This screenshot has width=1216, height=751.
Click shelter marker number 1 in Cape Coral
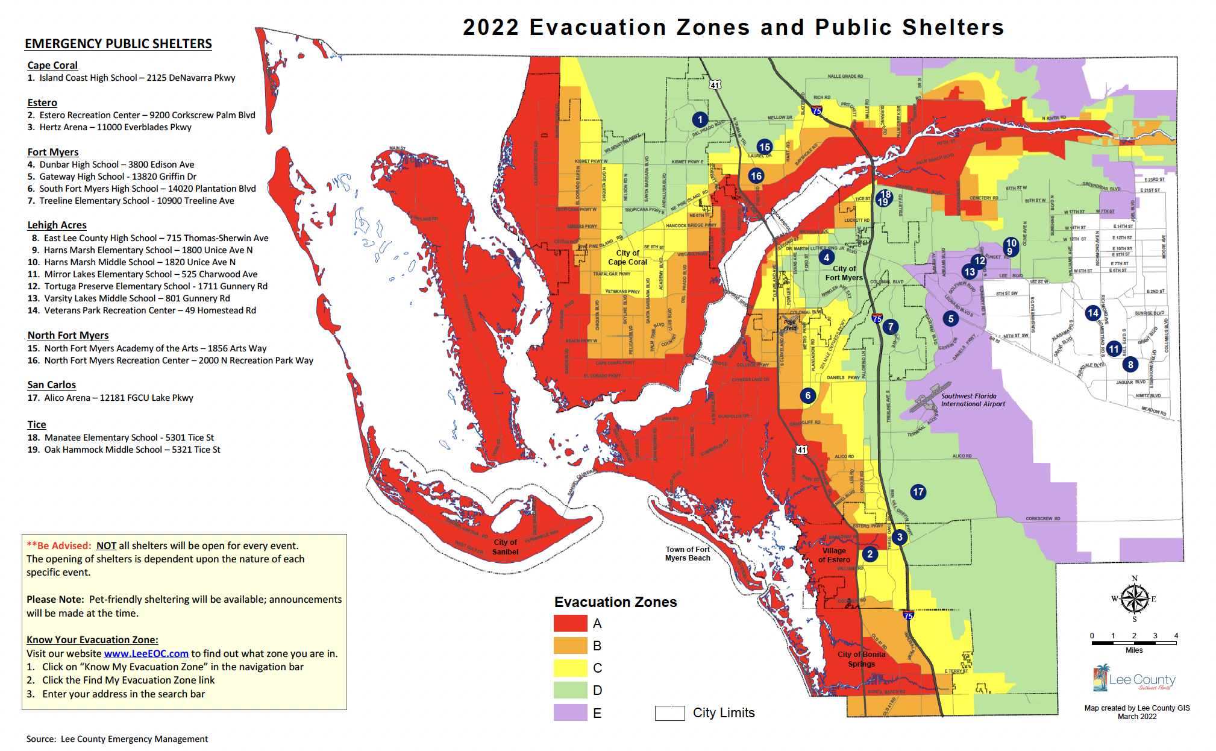point(700,119)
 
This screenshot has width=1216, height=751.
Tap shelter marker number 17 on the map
point(918,492)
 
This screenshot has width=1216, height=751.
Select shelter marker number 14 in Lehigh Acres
point(1092,313)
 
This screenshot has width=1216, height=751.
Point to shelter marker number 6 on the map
point(807,395)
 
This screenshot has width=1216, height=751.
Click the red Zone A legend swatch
point(570,623)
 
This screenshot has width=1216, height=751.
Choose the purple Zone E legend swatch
point(570,712)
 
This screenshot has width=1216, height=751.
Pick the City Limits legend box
point(669,713)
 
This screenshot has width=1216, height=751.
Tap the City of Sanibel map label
point(506,547)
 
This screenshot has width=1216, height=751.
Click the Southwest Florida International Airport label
point(973,400)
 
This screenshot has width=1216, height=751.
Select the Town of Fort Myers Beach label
point(688,553)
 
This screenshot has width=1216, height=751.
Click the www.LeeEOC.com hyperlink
point(146,653)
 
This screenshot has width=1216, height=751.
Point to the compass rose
point(1134,599)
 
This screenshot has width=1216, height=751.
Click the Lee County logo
point(1133,679)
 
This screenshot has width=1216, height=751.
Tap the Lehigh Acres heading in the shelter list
point(57,225)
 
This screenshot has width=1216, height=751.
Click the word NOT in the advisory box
point(106,545)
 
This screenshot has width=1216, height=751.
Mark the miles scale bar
point(1133,643)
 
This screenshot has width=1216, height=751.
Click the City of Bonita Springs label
point(861,659)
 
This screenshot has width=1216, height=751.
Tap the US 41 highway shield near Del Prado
point(715,85)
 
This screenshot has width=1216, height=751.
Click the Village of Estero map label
point(834,555)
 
